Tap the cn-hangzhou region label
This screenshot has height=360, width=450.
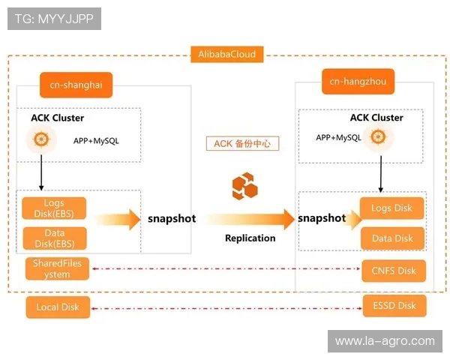[358, 81]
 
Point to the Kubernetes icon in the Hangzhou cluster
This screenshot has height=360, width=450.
[378, 137]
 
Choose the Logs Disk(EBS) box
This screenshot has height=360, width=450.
[54, 208]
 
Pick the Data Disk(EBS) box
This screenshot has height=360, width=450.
[54, 238]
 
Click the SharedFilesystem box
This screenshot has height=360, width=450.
[57, 268]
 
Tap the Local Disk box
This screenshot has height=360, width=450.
[57, 306]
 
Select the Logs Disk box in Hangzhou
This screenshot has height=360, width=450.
[392, 208]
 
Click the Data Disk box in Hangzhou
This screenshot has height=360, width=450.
[392, 238]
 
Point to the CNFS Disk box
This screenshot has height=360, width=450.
[394, 271]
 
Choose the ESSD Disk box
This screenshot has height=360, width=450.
[394, 305]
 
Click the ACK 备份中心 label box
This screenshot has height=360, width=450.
[242, 143]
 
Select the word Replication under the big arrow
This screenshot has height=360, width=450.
[250, 238]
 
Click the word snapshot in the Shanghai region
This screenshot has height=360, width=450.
[171, 219]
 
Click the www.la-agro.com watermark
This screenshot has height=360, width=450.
[384, 341]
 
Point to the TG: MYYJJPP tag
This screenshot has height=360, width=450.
[54, 19]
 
